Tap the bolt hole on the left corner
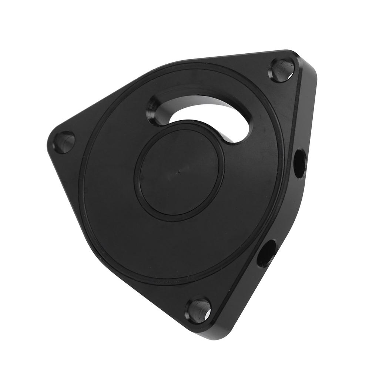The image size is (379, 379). [64, 142]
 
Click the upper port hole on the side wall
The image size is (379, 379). [300, 163]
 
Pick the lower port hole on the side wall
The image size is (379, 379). [266, 253]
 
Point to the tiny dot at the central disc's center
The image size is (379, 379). [179, 171]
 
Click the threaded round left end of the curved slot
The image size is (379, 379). [155, 110]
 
